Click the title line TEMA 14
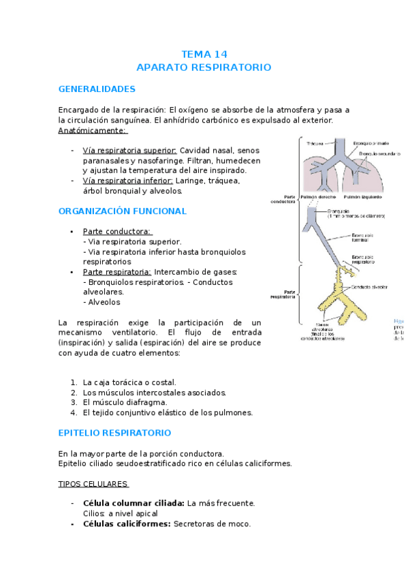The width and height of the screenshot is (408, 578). click(204, 54)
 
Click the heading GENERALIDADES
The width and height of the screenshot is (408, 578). click(97, 89)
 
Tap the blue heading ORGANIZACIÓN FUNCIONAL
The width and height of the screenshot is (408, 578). click(122, 211)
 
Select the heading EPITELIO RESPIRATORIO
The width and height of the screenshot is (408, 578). click(114, 433)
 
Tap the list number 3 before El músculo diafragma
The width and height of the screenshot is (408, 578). click(74, 402)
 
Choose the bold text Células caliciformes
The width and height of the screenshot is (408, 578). click(127, 523)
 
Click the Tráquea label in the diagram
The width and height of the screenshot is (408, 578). click(315, 144)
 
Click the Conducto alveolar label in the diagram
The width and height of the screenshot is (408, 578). click(371, 288)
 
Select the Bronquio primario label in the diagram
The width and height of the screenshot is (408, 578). click(373, 143)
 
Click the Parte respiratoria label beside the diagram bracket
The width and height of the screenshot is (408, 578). click(283, 294)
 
